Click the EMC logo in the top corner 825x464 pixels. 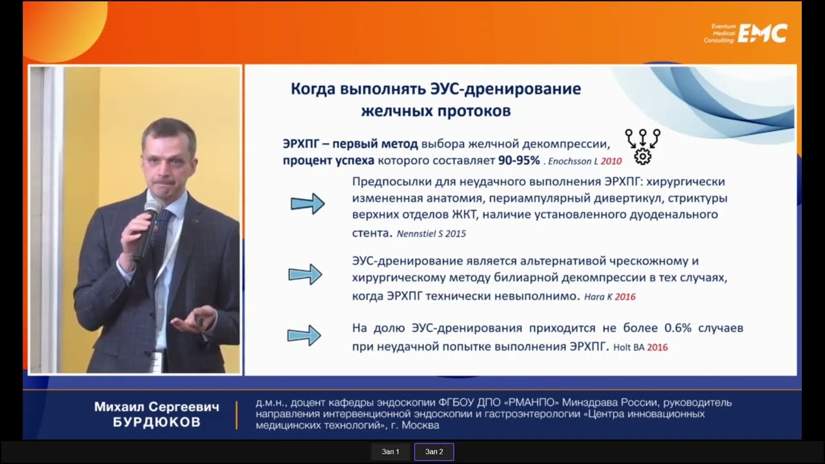(x=746, y=34)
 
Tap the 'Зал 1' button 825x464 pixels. (x=391, y=452)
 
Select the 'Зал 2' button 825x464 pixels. (x=434, y=452)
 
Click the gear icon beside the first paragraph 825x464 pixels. (x=643, y=157)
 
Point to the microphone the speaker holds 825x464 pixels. (x=148, y=228)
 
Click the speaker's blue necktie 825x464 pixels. (x=161, y=236)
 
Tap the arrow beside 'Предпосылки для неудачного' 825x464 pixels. (x=307, y=203)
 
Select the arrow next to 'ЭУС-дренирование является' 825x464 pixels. (x=305, y=275)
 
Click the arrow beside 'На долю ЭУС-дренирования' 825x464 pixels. (x=304, y=335)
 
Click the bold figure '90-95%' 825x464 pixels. (x=519, y=160)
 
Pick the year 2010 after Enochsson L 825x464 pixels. (x=612, y=161)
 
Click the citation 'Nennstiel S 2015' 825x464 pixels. (x=431, y=234)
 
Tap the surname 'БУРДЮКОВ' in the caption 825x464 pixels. (x=157, y=422)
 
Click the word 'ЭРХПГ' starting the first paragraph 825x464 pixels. (x=300, y=144)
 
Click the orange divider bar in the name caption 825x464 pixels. (x=237, y=416)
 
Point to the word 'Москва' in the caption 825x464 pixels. (x=420, y=425)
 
